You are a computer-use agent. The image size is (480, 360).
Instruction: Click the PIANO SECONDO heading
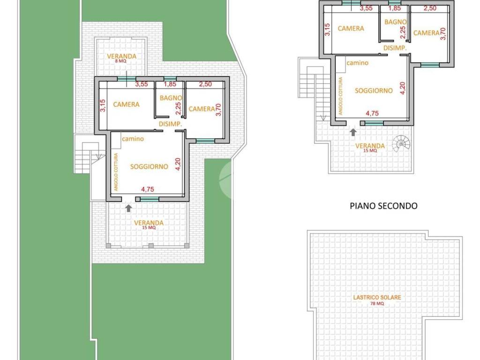383,206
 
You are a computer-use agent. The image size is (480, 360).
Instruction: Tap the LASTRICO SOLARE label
377,297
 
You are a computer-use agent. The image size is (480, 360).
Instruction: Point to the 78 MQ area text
377,304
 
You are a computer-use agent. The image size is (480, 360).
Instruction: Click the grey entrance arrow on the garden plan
128,208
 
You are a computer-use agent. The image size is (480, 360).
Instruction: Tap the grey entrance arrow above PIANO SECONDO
353,132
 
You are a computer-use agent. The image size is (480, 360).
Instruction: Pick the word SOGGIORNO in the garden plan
149,166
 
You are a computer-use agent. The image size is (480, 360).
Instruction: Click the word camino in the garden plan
133,139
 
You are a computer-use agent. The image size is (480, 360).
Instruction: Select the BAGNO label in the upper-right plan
396,22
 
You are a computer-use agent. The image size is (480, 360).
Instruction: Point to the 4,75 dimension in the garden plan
148,189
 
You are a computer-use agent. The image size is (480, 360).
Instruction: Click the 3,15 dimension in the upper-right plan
328,30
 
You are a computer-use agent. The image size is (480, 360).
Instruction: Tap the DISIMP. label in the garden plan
171,124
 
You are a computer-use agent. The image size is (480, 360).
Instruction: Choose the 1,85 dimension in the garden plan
170,84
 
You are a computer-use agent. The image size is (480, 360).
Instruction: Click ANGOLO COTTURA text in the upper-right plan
341,96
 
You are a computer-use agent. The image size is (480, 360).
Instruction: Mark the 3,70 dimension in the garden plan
218,110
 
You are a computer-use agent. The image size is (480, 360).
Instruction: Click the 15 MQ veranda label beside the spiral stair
370,150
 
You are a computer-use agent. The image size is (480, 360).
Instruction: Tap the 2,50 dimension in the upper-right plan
430,8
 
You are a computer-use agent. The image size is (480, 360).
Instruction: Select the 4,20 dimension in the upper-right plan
402,88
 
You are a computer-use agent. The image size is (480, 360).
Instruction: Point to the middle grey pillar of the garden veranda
150,246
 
